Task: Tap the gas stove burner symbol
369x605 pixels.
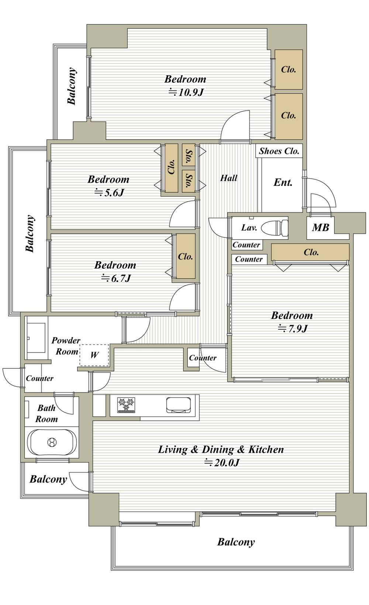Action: [x=126, y=405]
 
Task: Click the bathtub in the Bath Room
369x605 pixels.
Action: [x=52, y=442]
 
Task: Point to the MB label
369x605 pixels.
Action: [x=320, y=227]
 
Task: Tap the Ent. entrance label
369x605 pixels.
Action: [x=283, y=182]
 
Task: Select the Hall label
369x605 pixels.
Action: [x=229, y=178]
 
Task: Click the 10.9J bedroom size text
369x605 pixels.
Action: [x=186, y=92]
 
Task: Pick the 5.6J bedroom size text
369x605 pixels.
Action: [x=109, y=193]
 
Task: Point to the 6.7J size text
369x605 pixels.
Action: [x=116, y=278]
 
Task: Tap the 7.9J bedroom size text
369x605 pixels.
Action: [x=293, y=329]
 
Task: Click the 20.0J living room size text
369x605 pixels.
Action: [x=222, y=463]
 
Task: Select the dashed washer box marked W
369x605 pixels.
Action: [x=94, y=355]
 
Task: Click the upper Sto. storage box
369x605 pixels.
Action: [x=189, y=155]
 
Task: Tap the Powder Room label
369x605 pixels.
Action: [x=66, y=346]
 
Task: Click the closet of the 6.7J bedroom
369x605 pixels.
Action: [x=186, y=256]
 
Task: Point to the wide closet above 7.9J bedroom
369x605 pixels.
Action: [x=310, y=252]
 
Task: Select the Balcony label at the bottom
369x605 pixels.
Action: [x=236, y=542]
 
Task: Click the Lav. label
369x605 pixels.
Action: [x=249, y=227]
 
